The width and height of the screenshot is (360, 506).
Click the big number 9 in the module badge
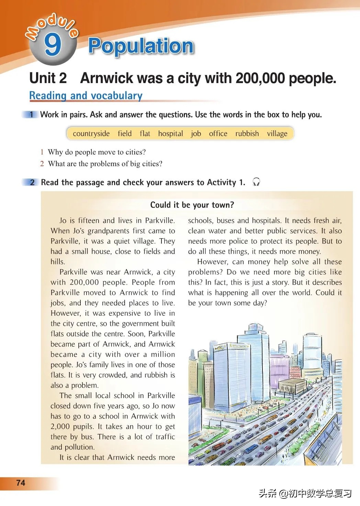53,45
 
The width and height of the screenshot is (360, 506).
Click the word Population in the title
141,46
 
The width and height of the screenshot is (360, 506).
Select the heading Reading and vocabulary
86,95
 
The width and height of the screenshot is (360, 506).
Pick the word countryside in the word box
91,134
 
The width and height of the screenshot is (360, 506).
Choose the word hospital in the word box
170,134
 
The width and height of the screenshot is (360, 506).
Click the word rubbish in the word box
247,134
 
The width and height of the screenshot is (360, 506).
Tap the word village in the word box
277,134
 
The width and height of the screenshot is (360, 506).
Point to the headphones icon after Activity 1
256,182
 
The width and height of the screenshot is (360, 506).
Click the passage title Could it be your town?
192,205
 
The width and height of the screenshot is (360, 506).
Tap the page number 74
21,483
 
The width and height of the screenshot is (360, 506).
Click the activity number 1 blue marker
31,115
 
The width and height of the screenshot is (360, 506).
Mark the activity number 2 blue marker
32,182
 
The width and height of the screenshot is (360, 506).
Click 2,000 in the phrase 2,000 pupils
60,426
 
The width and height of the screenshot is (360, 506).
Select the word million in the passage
163,354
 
